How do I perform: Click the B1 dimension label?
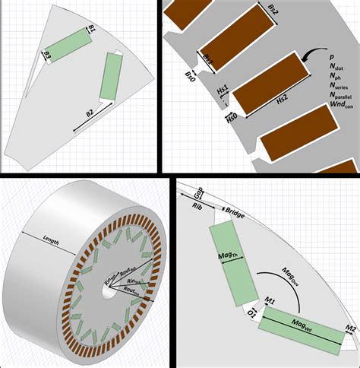pos(92,30)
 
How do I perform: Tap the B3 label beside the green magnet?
pos(47,56)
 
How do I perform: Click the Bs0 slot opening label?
pos(190,76)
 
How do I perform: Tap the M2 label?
pos(349,328)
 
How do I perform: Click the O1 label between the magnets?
pos(253,312)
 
